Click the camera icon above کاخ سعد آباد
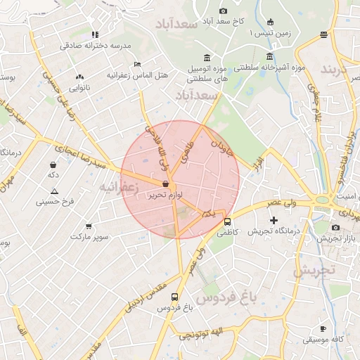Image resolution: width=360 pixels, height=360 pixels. click(224, 11)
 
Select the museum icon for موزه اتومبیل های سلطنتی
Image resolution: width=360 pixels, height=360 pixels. click(207, 58)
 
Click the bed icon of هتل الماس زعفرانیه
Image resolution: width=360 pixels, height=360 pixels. click(137, 64)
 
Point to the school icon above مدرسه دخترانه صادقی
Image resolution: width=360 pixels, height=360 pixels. click(95, 34)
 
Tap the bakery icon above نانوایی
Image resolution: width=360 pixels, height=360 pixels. click(79, 77)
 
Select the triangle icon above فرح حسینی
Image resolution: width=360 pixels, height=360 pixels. click(54, 191)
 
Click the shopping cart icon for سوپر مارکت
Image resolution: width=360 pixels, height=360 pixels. click(89, 226)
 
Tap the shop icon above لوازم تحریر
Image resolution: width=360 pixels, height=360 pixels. click(165, 184)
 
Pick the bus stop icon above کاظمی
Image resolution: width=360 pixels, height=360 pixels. click(226, 221)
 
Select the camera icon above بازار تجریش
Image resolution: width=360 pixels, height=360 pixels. click(335, 228)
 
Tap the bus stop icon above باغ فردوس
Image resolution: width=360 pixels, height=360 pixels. click(174, 297)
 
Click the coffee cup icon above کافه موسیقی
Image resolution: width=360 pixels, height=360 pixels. click(323, 328)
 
